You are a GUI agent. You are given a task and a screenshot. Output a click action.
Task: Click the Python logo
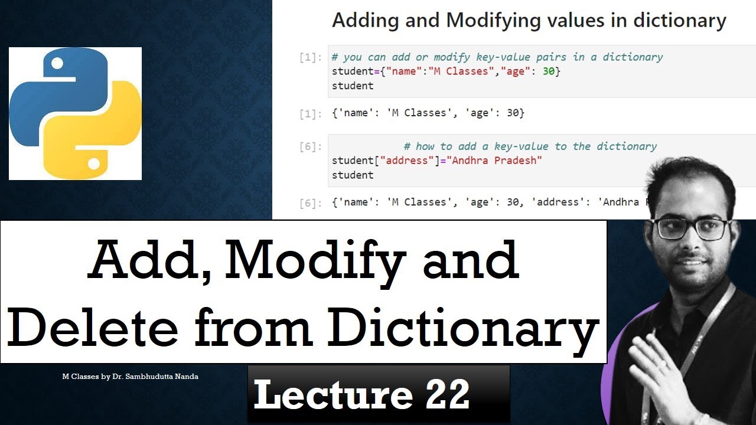[75, 113]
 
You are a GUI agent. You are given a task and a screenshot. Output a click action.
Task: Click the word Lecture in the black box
[333, 394]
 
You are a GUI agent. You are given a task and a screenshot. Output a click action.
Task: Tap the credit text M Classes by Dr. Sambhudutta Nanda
[130, 376]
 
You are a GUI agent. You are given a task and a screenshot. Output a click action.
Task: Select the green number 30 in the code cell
[548, 71]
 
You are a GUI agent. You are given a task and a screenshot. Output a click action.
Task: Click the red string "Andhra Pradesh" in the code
[496, 161]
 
